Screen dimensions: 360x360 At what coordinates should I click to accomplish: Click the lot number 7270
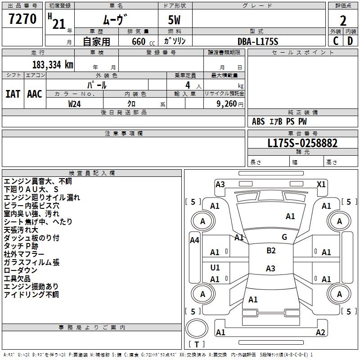[22, 19]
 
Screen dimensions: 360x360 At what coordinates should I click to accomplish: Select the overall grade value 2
[343, 20]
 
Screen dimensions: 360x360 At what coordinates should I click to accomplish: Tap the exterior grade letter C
[336, 40]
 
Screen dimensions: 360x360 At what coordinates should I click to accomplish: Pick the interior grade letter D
[350, 40]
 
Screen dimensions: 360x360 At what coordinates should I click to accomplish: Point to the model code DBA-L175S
[258, 41]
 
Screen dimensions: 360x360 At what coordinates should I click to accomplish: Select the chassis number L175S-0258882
[302, 144]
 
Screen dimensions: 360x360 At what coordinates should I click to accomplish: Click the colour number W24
[75, 103]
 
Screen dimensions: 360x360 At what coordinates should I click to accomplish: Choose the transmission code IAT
[13, 94]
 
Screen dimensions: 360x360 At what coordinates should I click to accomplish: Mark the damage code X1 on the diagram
[321, 184]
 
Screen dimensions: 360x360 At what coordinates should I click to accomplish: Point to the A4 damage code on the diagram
[194, 240]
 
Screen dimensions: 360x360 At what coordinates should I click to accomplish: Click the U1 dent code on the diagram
[215, 268]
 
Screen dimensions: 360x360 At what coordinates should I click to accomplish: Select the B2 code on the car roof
[271, 251]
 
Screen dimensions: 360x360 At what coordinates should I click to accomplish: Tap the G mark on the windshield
[284, 237]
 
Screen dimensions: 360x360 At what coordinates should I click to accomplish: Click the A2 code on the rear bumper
[320, 333]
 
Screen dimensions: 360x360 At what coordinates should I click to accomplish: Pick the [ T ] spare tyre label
[197, 345]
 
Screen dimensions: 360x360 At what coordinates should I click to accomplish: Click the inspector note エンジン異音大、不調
[38, 181]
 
